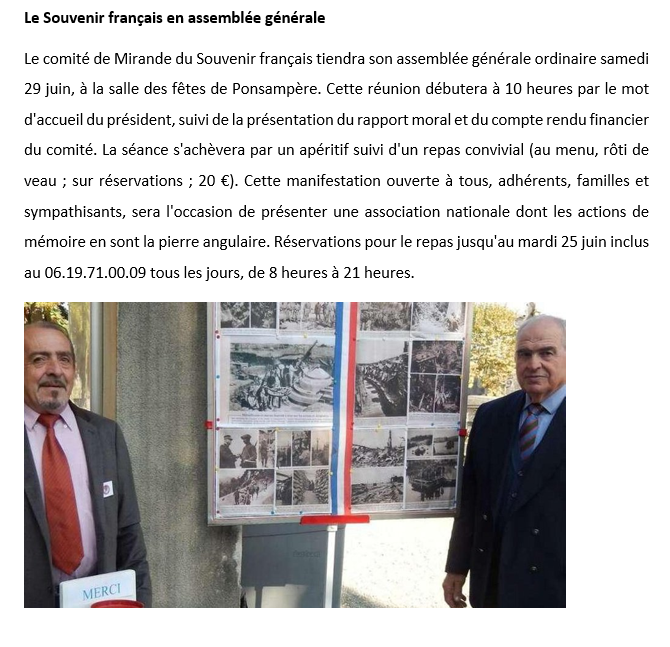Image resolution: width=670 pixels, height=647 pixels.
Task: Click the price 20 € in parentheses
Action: (211, 181)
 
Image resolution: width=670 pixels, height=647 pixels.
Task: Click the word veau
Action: (40, 181)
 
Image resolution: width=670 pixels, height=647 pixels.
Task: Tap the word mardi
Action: (495, 242)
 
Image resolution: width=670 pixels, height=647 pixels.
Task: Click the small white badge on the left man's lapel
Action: (108, 489)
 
